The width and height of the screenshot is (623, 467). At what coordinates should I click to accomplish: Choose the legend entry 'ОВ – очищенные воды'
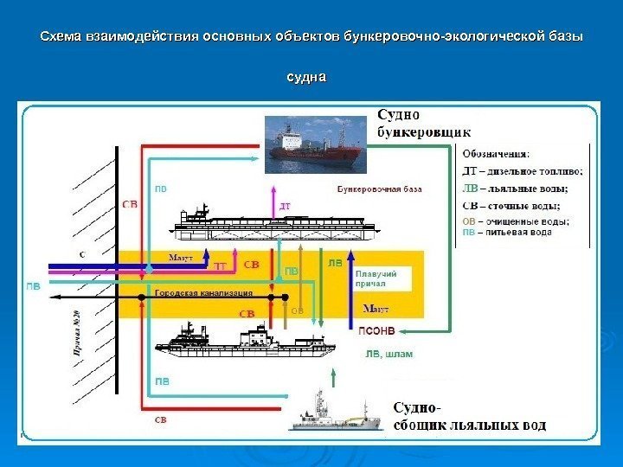(515, 221)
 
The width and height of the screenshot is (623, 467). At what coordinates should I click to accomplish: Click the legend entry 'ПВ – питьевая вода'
(506, 233)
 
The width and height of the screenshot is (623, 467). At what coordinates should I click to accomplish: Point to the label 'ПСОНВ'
(376, 329)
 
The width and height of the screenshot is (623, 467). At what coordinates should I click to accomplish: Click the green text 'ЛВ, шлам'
(389, 353)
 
